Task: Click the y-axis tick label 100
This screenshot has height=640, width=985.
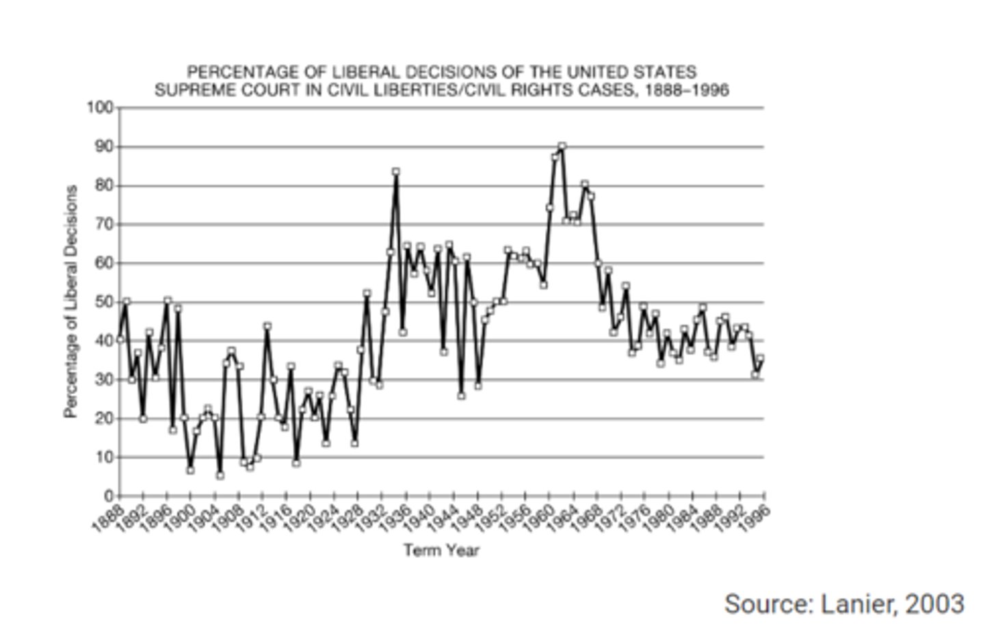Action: click(99, 108)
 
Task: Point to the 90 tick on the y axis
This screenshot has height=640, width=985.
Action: click(103, 147)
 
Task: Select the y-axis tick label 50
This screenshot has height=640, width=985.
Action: click(103, 302)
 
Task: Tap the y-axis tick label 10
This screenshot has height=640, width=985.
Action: click(103, 457)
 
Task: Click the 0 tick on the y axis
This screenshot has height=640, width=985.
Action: click(107, 496)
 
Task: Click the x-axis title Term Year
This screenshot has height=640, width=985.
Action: click(441, 550)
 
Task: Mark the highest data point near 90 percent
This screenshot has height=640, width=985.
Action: click(562, 146)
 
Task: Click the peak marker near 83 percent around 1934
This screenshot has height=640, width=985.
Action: click(395, 172)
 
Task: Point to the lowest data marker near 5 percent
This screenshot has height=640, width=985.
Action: click(220, 475)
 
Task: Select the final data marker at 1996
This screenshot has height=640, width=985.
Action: click(760, 358)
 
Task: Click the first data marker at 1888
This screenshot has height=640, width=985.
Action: click(120, 339)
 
